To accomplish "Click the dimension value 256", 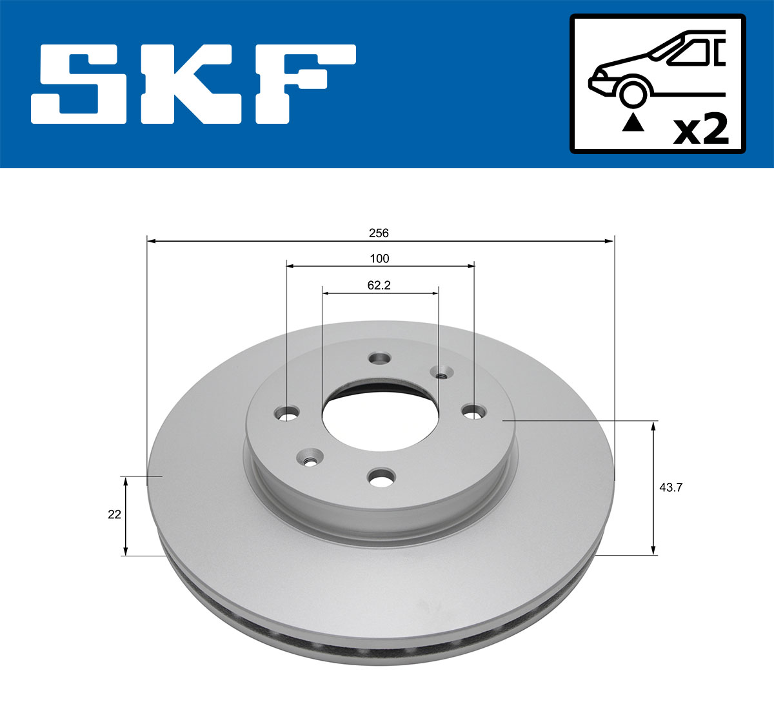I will point(379,233).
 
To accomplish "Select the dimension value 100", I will point(379,258).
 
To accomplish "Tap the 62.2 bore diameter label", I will point(379,285).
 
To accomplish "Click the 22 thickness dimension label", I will point(114,514).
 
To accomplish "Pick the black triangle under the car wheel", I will point(633,122).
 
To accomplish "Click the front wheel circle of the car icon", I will point(633,92).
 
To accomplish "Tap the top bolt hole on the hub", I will point(380,358).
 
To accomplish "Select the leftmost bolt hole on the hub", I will point(287,413).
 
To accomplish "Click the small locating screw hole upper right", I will point(442,375).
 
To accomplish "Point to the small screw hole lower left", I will point(310,459).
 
